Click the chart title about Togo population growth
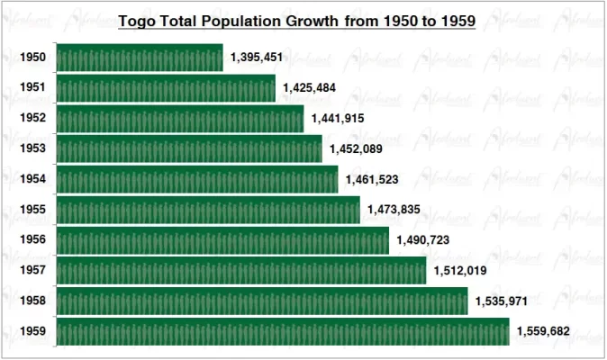coord(297,19)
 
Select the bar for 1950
coord(139,58)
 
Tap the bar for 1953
coord(188,148)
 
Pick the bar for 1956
coord(222,240)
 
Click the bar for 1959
coord(282,332)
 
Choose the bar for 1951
coord(165,88)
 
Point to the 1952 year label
coord(32,118)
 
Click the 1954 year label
coord(32,179)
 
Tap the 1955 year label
coord(32,210)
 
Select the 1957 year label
coord(32,271)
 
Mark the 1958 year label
coord(32,301)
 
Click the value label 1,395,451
coord(257,58)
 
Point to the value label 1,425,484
coord(309,88)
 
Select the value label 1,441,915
coord(338,118)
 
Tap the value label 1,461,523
coord(372,179)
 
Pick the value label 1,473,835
coord(394,210)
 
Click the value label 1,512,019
coord(460,271)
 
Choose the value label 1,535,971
coord(502,301)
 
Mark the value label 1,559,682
coord(543,332)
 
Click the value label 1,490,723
coord(422,240)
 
